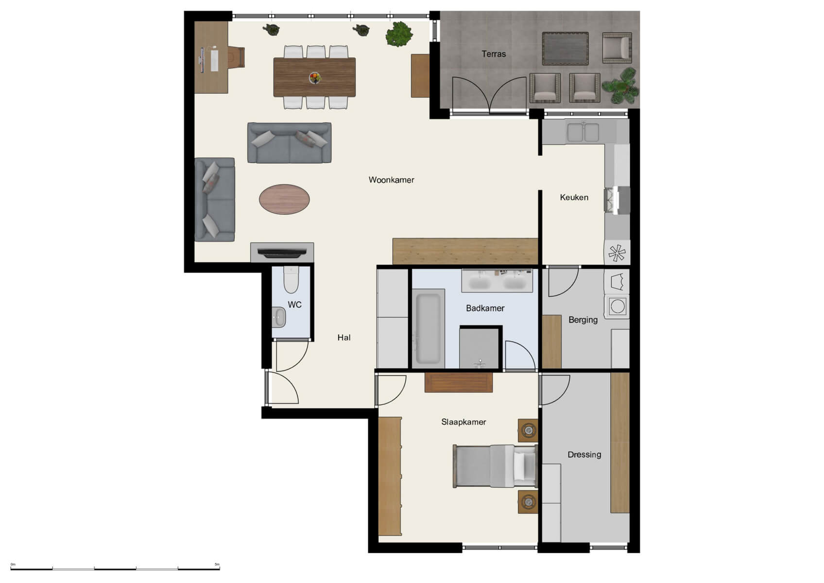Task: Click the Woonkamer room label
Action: click(391, 180)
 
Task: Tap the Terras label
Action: click(494, 54)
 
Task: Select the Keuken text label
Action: click(574, 197)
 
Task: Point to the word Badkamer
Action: click(485, 308)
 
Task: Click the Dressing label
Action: click(584, 455)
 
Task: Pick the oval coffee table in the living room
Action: click(284, 199)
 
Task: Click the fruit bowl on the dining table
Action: click(315, 77)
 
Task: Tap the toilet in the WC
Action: click(291, 280)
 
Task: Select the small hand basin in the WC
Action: click(278, 317)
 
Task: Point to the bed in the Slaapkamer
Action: click(495, 466)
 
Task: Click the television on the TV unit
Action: click(282, 252)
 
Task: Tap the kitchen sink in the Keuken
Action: click(584, 132)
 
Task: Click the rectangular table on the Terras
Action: click(565, 49)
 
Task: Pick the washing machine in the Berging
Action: click(617, 307)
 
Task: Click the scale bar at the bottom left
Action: click(115, 568)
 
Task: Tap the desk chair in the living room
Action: click(237, 57)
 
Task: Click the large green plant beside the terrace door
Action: click(399, 34)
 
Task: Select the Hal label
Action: click(343, 338)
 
